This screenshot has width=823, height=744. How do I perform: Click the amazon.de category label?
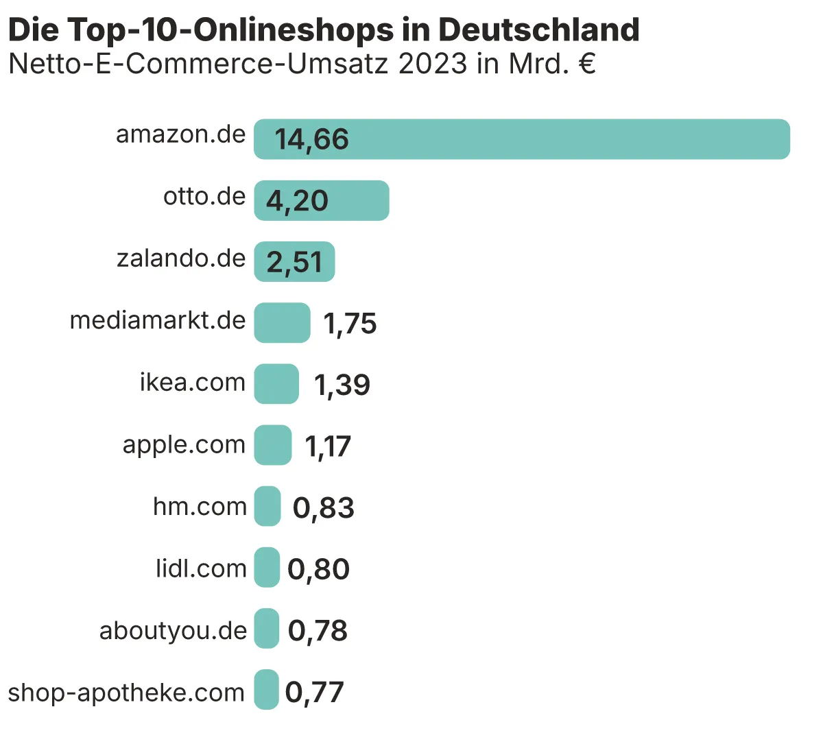(x=180, y=134)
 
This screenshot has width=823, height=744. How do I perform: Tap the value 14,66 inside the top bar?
(x=311, y=139)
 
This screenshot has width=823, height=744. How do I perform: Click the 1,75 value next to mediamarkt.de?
(x=350, y=324)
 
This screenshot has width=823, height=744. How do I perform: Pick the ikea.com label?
(x=192, y=382)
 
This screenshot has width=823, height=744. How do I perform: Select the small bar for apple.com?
(x=272, y=445)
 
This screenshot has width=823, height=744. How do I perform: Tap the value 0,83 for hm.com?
(x=323, y=507)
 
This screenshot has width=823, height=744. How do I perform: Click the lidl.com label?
(x=201, y=568)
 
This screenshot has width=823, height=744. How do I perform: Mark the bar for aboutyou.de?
(x=266, y=629)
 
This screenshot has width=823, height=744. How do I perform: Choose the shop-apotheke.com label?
(x=126, y=693)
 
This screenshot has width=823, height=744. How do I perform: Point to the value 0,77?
(x=314, y=692)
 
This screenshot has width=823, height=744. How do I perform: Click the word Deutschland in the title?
(x=539, y=29)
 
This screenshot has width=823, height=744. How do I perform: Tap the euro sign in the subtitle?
(x=586, y=64)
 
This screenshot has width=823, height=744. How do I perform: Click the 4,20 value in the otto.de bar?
(x=297, y=200)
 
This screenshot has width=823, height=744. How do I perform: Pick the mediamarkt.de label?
(x=158, y=320)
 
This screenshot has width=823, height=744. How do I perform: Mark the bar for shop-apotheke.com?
(x=266, y=690)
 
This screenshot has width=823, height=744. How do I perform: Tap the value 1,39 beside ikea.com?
(x=342, y=385)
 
